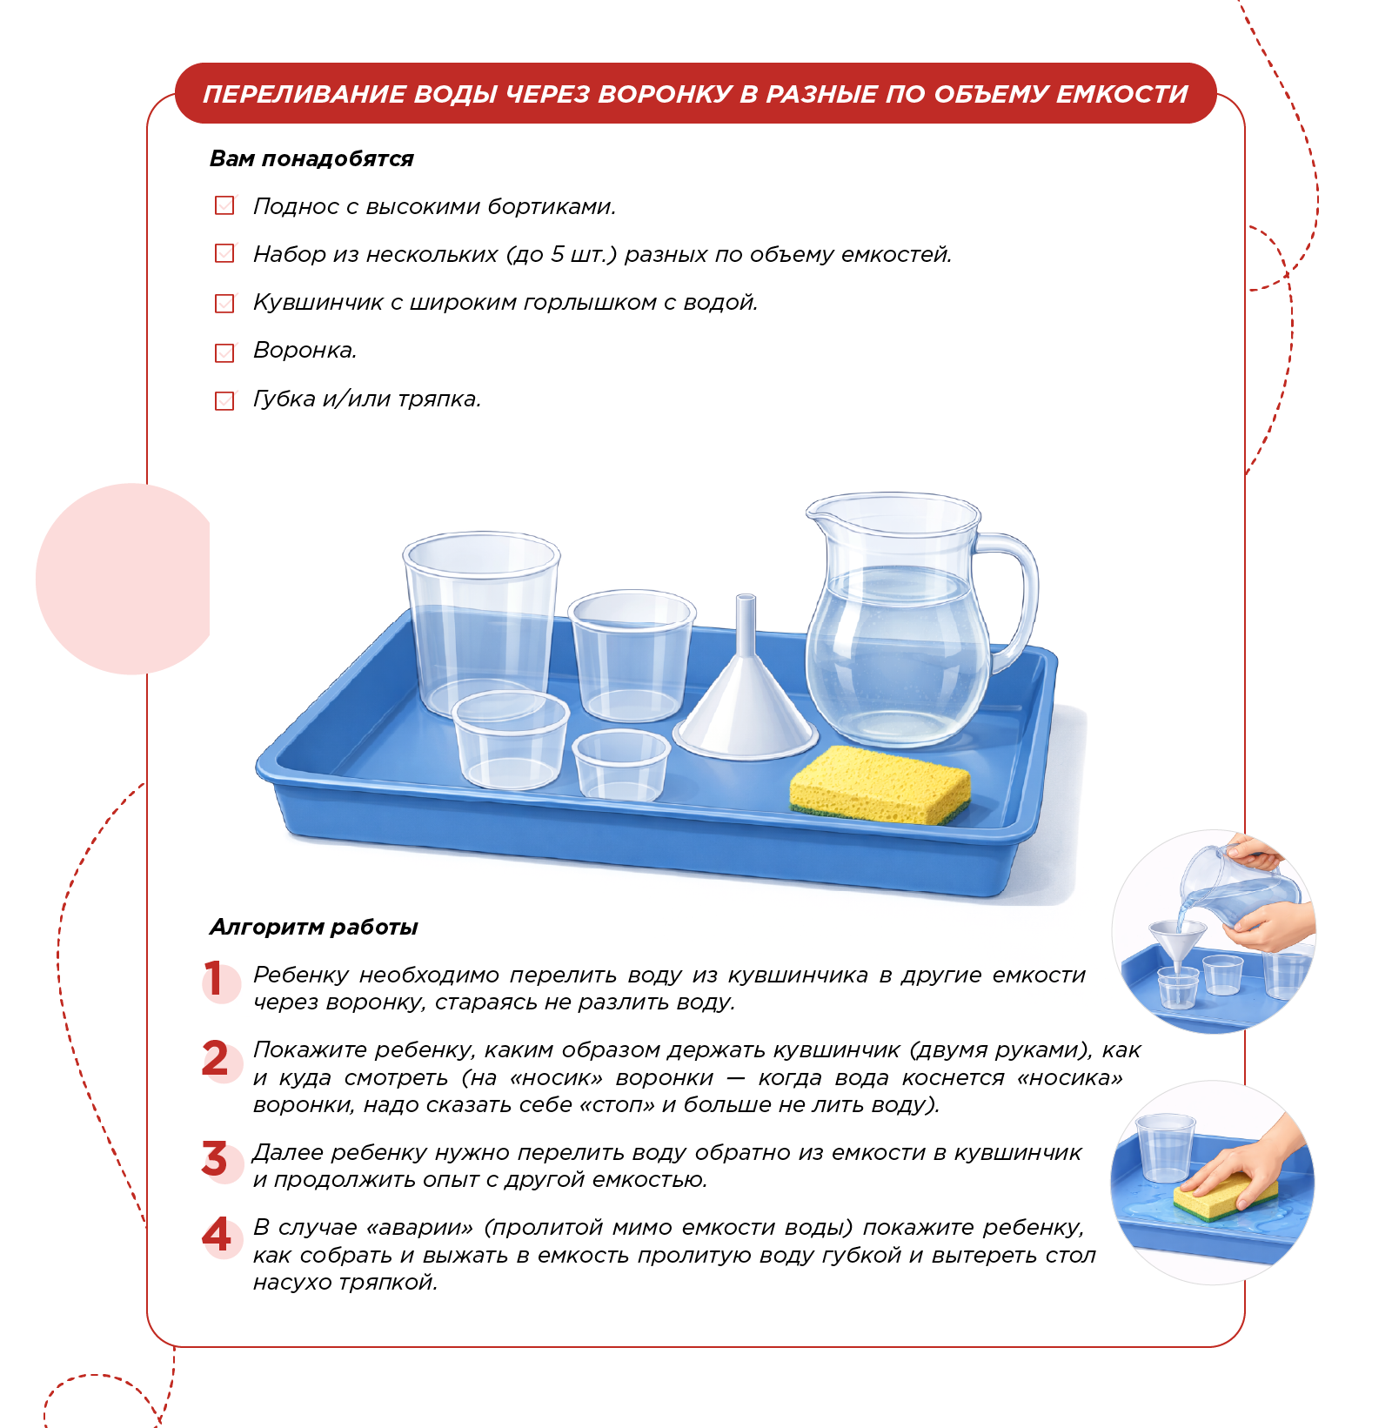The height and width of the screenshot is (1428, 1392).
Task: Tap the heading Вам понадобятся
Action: click(311, 158)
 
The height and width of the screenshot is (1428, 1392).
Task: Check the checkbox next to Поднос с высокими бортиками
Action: click(224, 205)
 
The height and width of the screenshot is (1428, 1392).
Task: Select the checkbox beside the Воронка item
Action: click(224, 352)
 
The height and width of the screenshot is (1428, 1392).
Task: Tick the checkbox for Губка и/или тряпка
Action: click(224, 400)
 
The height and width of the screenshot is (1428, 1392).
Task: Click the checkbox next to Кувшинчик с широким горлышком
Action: click(224, 303)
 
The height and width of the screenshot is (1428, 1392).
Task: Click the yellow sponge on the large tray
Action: click(880, 784)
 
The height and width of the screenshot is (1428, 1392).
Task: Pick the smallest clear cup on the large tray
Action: click(621, 764)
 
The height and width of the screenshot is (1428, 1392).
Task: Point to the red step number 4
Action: click(217, 1234)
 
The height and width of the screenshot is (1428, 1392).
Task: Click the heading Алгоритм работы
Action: click(313, 927)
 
